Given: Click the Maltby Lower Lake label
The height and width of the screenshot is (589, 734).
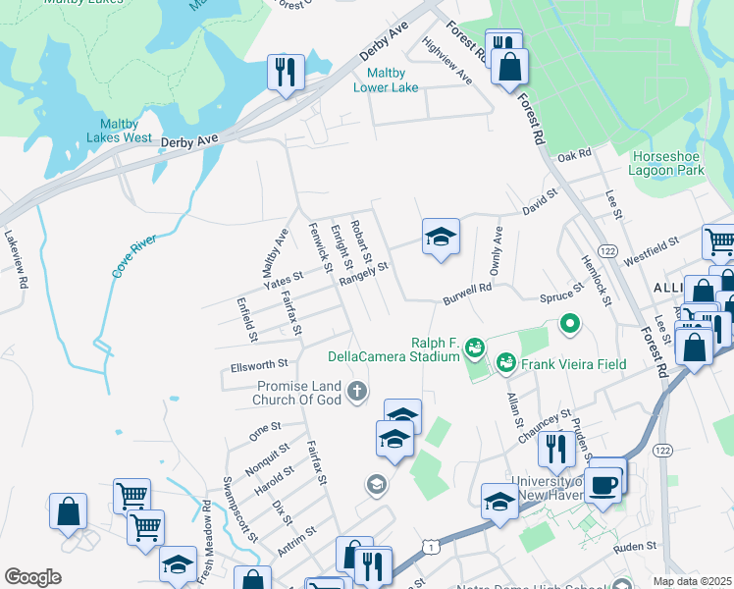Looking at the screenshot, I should coord(393,80).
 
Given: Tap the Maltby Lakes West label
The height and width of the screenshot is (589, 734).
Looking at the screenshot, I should coord(126,131).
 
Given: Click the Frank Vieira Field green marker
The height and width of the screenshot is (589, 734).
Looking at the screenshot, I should coord(506,363).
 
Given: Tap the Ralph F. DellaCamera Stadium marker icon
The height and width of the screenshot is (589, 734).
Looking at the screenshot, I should coord(475,347).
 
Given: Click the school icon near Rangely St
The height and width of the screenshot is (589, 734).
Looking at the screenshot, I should coord(441,236).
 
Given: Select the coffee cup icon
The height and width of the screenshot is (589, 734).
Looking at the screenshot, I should coord(606,483).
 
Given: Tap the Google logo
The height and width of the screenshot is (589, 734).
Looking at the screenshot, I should coord(32,577).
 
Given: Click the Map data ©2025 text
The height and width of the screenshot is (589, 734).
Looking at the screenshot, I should coord(692,581).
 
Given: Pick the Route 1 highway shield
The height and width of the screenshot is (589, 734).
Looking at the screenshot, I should coord(429,544).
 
